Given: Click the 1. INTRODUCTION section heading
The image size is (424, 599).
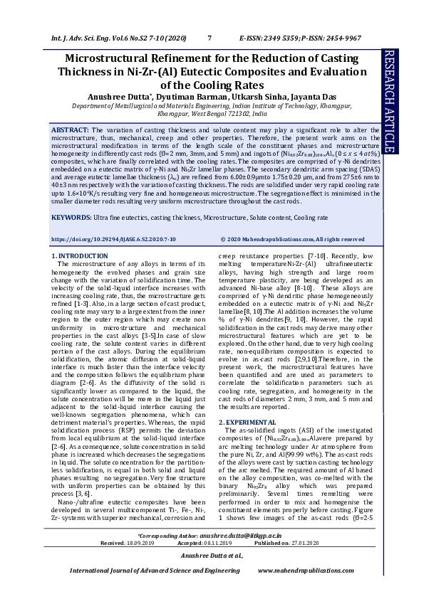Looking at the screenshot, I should point(81,255).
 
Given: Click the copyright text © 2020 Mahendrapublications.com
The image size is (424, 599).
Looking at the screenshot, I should point(292,240).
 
